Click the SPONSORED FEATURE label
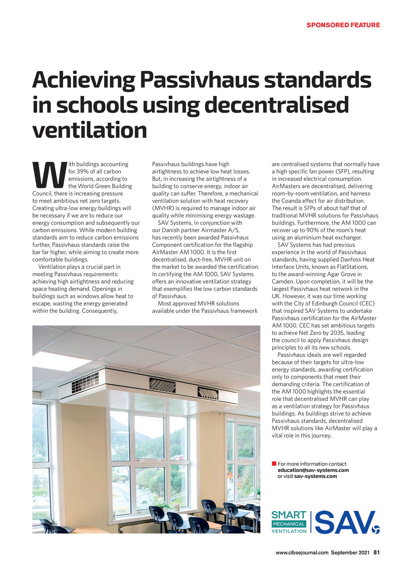[343, 25]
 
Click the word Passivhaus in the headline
[199, 80]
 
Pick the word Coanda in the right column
[288, 201]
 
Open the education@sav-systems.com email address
[313, 470]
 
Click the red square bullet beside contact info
[274, 464]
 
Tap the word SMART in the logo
[289, 515]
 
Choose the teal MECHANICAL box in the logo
[289, 524]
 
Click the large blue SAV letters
[344, 522]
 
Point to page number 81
[377, 552]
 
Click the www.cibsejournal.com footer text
[302, 553]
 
